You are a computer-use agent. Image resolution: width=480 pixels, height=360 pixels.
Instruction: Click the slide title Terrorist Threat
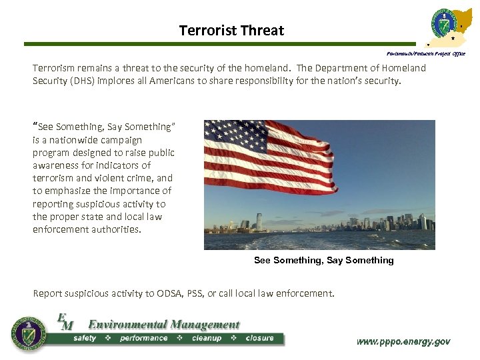(x=231, y=31)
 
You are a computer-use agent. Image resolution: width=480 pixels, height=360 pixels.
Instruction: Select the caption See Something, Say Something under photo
(x=323, y=260)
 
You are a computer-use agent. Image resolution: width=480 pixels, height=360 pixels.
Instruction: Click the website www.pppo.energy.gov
(x=403, y=341)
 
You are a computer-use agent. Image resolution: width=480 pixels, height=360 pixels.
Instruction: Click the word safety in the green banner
(x=85, y=338)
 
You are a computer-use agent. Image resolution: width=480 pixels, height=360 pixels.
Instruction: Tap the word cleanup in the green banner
(x=207, y=338)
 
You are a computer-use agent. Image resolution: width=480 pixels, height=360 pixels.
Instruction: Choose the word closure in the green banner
(x=259, y=338)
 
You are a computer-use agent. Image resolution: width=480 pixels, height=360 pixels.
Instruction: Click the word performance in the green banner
(x=143, y=338)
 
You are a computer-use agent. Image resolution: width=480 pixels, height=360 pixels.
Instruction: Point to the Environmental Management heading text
(x=163, y=325)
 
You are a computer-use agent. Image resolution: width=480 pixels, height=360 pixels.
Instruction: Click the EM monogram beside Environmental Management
(x=65, y=322)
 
